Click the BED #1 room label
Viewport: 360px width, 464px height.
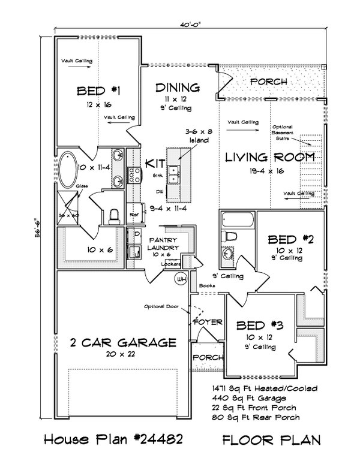(99, 91)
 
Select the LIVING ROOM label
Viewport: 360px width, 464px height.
(269, 158)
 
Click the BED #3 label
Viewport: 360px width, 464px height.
(259, 326)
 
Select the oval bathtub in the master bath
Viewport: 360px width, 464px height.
(69, 168)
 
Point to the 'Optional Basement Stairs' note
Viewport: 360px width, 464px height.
(283, 132)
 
